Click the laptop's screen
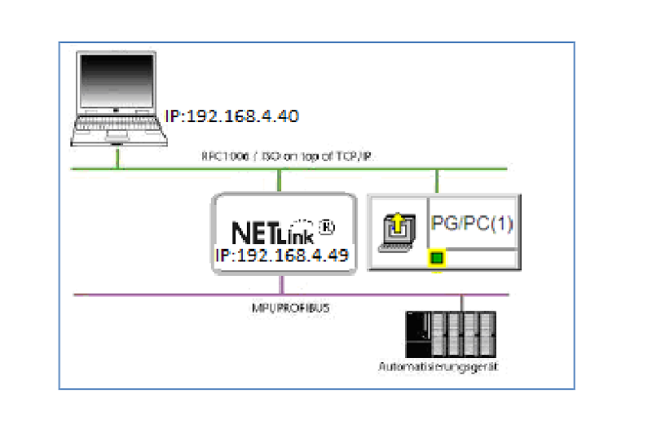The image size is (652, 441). pyautogui.click(x=116, y=83)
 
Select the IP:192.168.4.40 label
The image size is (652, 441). pyautogui.click(x=231, y=116)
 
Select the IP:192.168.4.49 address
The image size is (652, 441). pyautogui.click(x=282, y=255)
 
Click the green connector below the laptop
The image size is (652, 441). pyautogui.click(x=118, y=157)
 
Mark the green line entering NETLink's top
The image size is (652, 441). pyautogui.click(x=280, y=180)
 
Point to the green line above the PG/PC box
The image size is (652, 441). pyautogui.click(x=438, y=181)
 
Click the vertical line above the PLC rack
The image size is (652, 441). pyautogui.click(x=462, y=303)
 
